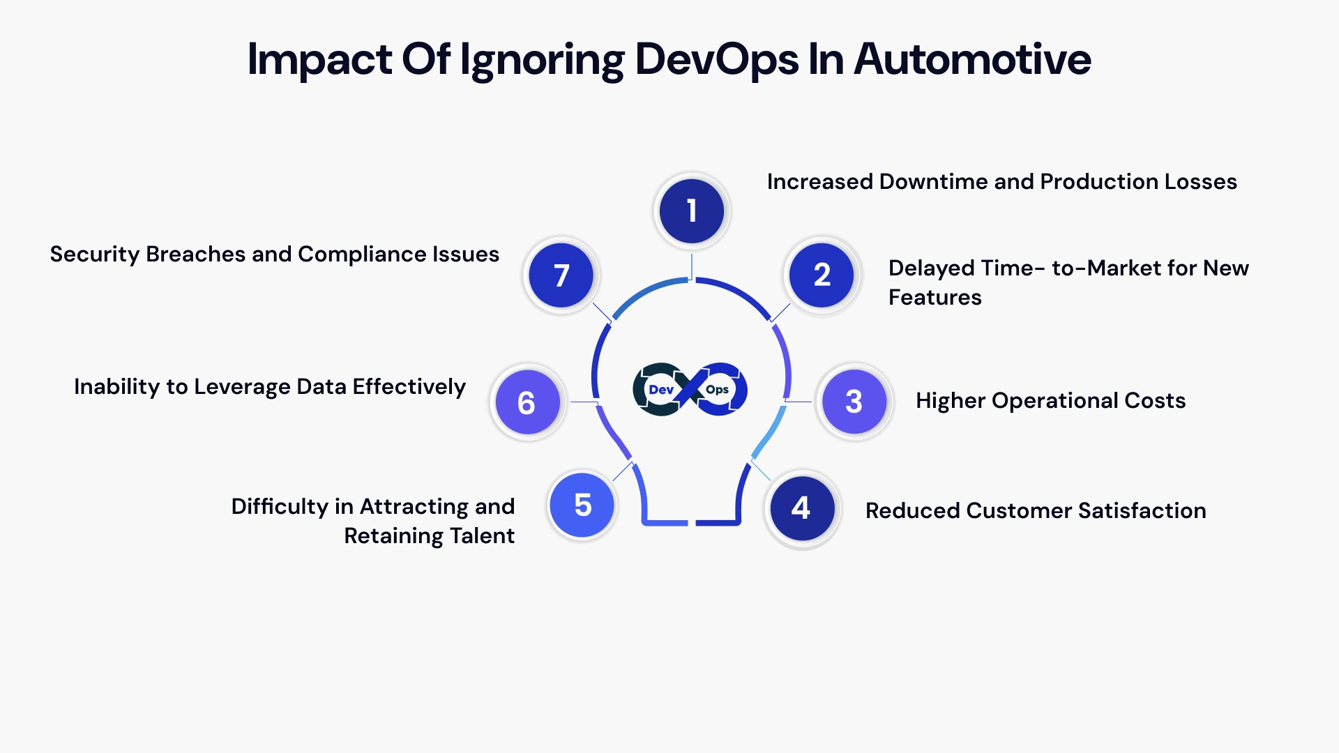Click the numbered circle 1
pos(691,211)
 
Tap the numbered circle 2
pos(822,275)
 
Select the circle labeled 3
pos(854,402)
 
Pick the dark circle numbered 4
pos(801,508)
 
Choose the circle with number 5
pos(582,505)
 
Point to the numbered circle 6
pos(527,403)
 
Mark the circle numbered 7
pos(561,275)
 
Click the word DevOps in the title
pos(716,60)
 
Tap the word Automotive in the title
pos(972,60)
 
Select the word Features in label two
pos(935,298)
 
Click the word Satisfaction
pos(1142,511)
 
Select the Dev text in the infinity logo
pos(660,390)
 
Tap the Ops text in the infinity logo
pos(717,390)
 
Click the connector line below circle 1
pos(691,266)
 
